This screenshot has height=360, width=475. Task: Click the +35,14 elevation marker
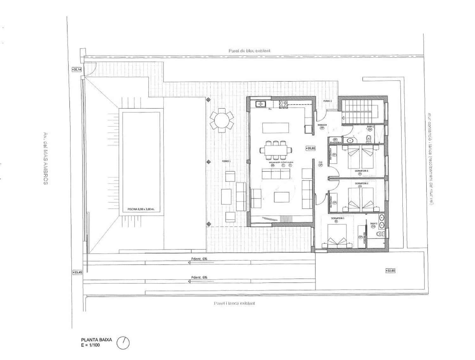point(77,69)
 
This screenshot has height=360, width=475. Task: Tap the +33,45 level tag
point(77,272)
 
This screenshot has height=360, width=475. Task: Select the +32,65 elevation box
point(390,270)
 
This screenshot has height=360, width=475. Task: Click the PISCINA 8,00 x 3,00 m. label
point(141,209)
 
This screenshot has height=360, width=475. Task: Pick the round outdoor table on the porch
point(221,120)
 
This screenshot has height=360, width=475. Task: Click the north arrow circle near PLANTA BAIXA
point(123,343)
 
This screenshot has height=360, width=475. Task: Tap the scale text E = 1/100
point(90,345)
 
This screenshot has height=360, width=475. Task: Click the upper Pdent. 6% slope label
point(199,259)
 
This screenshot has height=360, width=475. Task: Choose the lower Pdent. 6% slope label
point(199,278)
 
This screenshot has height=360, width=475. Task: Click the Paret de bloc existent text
point(249,50)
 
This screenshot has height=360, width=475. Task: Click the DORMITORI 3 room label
point(361,171)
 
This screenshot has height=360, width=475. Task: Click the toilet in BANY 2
point(369,138)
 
